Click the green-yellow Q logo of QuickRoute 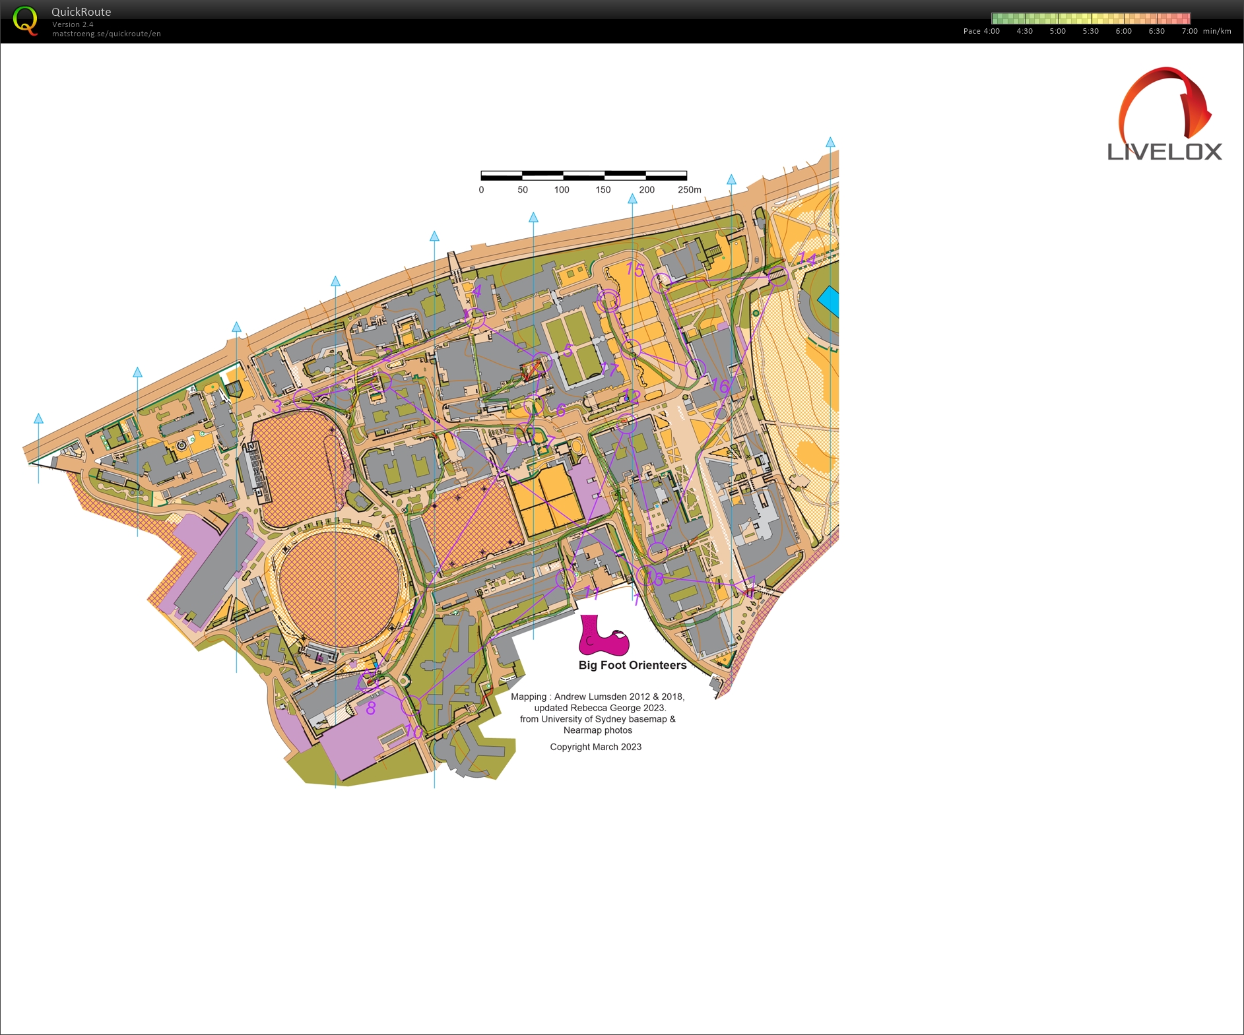(25, 20)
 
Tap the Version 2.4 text (73, 24)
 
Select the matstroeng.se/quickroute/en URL (106, 34)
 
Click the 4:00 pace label (991, 31)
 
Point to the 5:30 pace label (1090, 31)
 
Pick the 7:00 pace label (1189, 31)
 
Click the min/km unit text (1217, 31)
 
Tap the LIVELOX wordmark (1164, 152)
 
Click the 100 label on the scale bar (562, 190)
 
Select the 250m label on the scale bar (689, 190)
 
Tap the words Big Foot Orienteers (632, 665)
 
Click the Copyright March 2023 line (595, 747)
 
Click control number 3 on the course (277, 406)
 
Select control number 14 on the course (806, 259)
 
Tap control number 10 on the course (413, 730)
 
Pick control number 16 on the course (719, 386)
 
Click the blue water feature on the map (829, 301)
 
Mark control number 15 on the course (634, 269)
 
